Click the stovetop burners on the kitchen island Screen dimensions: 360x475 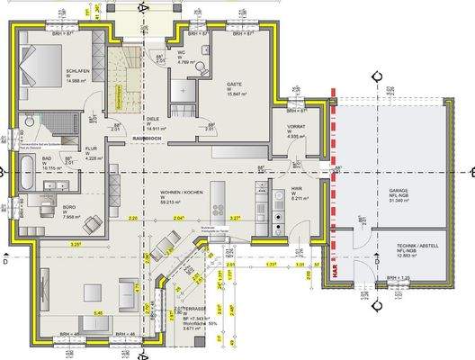(216, 210)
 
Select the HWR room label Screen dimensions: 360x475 (296, 188)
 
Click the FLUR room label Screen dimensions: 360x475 (92, 149)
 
